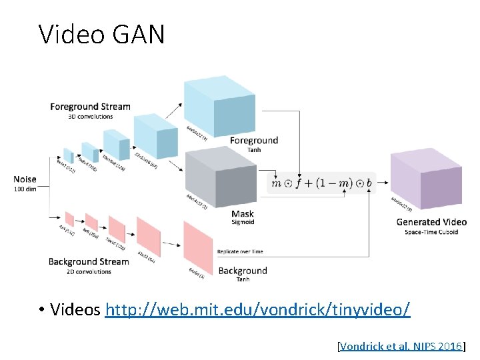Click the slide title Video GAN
(101, 34)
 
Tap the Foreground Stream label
(90, 107)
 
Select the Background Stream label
(89, 262)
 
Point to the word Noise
(25, 179)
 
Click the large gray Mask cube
(219, 176)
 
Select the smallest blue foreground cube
(68, 155)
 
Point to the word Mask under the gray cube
(242, 215)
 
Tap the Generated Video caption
(431, 222)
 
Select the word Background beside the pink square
(243, 271)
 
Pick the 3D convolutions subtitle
(91, 117)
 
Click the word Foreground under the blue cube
(253, 141)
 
